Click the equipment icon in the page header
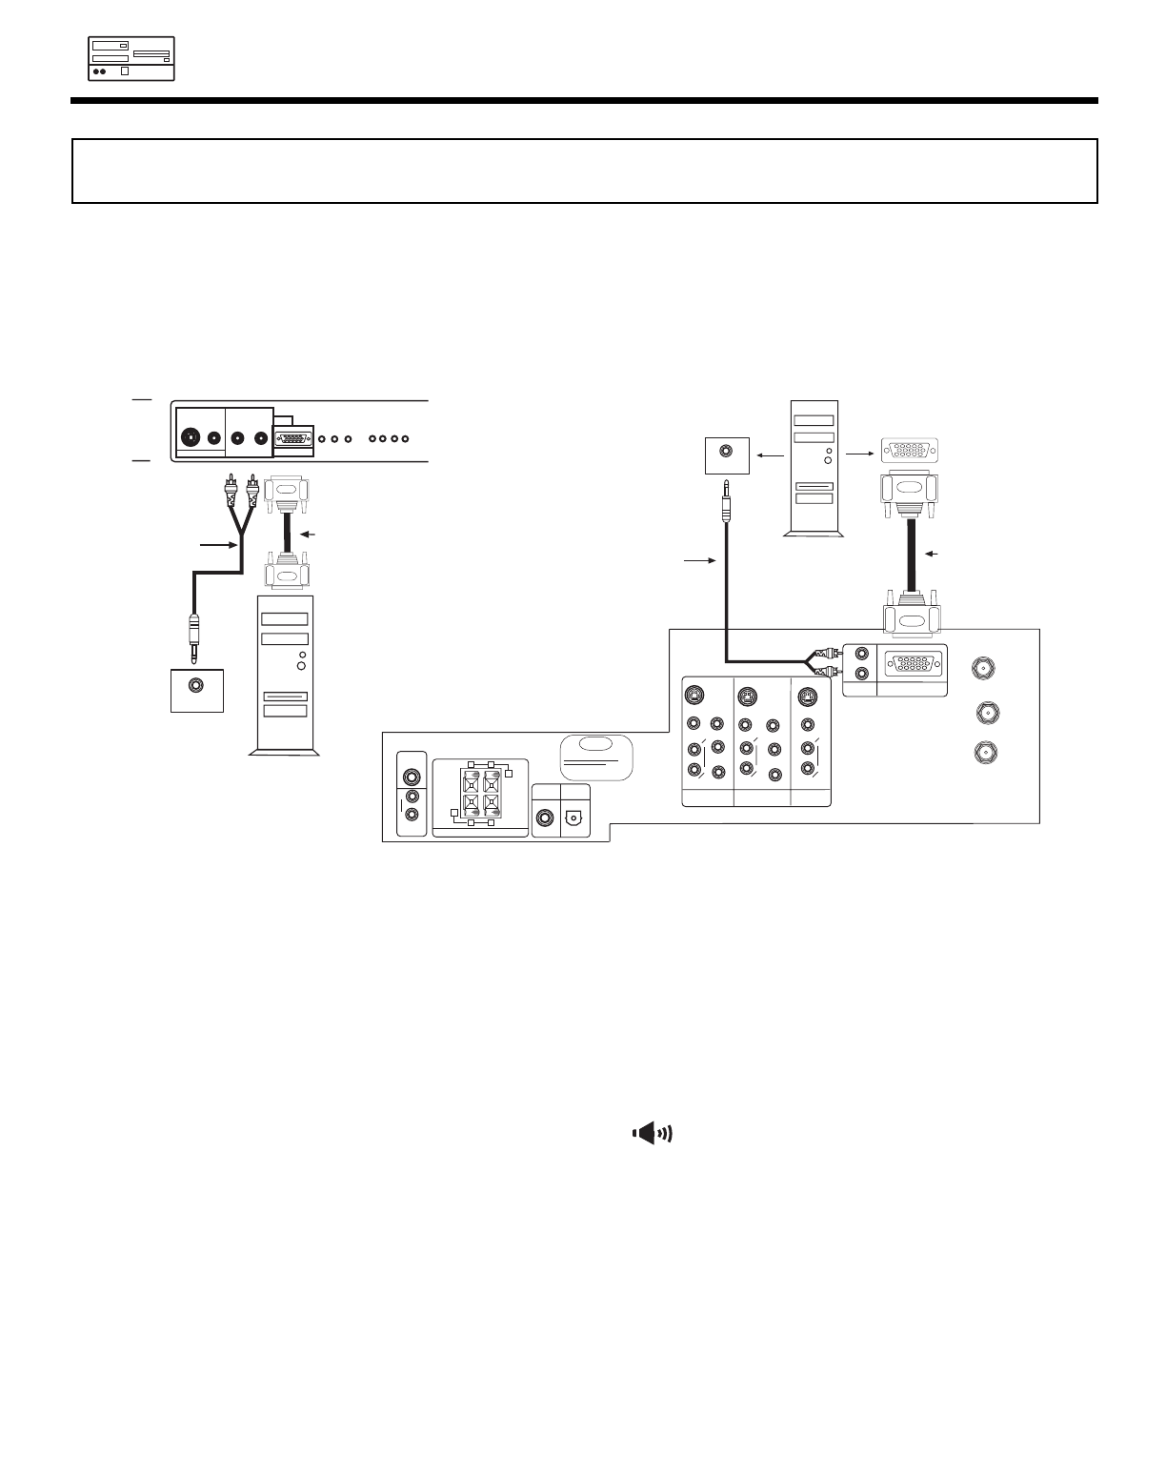[131, 58]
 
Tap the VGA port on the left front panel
[293, 439]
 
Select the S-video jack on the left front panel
[191, 438]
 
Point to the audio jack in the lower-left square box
[196, 685]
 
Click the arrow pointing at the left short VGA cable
[308, 534]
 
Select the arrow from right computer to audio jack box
[768, 455]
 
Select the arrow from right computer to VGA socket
[860, 454]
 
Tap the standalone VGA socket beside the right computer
[910, 451]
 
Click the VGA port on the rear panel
[910, 663]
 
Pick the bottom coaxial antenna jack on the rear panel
[982, 752]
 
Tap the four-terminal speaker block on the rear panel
[481, 795]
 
